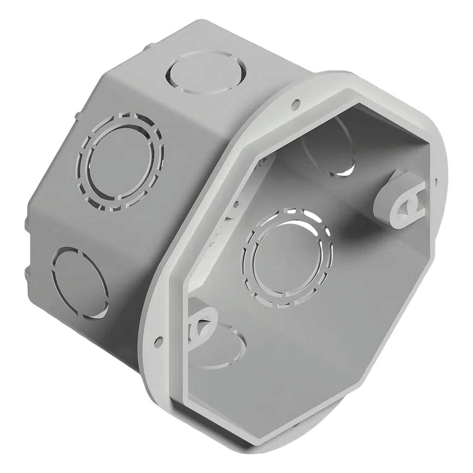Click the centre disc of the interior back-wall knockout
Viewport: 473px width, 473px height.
[x=286, y=259]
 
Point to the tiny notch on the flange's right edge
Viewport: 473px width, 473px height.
[x=436, y=181]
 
